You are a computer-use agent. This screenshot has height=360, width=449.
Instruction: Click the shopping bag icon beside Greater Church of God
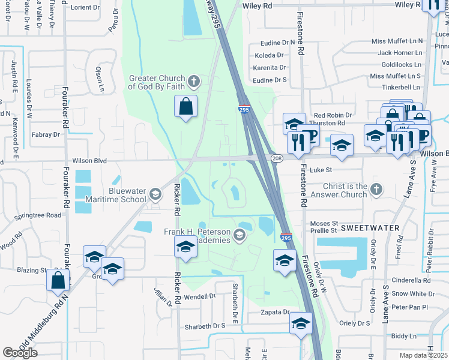click(186, 107)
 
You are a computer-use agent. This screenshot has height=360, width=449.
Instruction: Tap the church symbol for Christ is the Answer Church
click(376, 190)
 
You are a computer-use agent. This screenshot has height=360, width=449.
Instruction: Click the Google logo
click(20, 353)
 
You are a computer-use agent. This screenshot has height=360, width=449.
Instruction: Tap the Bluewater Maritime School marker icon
click(155, 193)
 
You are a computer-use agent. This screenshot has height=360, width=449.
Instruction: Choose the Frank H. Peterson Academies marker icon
click(240, 235)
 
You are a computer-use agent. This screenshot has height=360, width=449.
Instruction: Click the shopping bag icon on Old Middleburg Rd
click(59, 280)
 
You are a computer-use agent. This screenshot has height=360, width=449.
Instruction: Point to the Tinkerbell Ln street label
click(396, 88)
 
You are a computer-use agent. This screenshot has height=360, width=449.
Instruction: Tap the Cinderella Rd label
click(411, 280)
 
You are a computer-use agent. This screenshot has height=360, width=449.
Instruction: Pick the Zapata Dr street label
click(275, 313)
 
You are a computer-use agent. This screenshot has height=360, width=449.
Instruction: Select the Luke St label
click(324, 170)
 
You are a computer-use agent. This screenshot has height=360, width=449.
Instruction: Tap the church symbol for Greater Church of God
click(193, 81)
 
